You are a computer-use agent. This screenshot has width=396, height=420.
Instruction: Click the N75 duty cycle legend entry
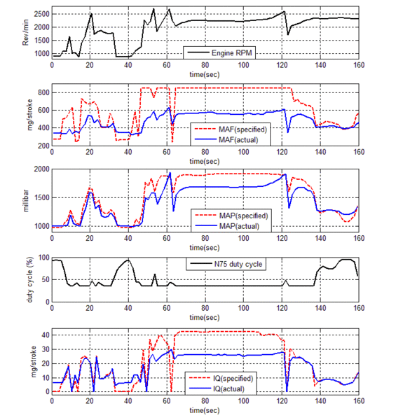[x=223, y=264]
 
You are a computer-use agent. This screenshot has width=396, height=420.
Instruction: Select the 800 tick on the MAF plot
[x=41, y=92]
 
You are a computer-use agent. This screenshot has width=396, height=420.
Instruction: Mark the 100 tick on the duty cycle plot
[x=43, y=258]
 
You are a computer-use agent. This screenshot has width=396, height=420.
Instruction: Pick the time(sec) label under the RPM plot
[x=205, y=73]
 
